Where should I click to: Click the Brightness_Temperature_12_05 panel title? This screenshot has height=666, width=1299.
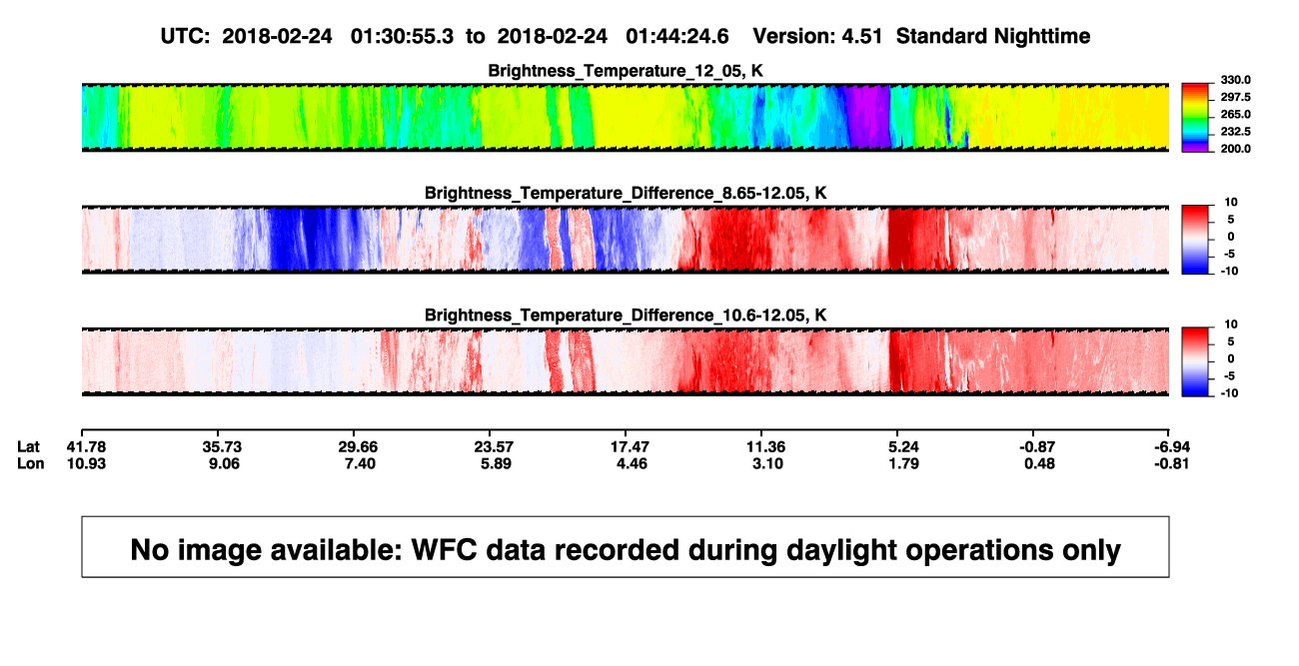pos(626,71)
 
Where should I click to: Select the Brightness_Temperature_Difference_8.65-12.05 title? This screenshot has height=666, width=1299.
pos(626,193)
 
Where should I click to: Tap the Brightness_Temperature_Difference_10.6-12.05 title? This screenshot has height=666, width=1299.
pos(626,316)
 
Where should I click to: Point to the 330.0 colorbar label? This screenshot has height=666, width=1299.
pos(1235,80)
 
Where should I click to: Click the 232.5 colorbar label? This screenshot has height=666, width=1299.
pos(1235,132)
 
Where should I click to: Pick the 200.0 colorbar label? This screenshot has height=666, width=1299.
pos(1235,149)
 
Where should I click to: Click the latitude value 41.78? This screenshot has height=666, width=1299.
pos(86,447)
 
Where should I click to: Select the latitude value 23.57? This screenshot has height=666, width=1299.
pos(494,447)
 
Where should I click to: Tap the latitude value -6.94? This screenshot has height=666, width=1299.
pos(1171,447)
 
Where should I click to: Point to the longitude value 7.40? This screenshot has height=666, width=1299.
pos(360,463)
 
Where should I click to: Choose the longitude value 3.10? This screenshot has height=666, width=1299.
pos(767,463)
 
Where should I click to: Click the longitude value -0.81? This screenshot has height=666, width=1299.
pos(1171,463)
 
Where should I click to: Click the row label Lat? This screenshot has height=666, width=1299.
pos(28,447)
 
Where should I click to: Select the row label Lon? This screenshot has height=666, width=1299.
pos(30,463)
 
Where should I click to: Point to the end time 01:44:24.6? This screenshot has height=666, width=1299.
pos(677,37)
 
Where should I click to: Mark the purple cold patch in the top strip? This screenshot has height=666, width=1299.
pos(868,116)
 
